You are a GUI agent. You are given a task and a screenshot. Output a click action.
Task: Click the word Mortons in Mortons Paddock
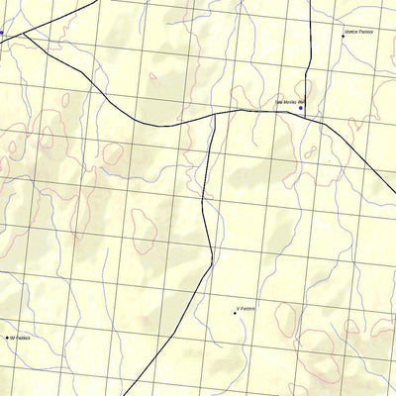[x=348, y=33]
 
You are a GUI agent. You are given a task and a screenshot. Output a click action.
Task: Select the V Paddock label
[x=247, y=310]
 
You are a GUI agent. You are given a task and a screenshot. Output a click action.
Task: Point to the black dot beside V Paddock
[x=235, y=313]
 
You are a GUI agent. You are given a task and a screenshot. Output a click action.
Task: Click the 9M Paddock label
[x=20, y=338]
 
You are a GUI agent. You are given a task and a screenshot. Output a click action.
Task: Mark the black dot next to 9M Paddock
[x=7, y=339]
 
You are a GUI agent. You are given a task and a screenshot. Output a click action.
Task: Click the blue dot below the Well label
[x=301, y=108]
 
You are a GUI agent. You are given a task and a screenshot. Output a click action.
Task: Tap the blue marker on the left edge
[x=1, y=34]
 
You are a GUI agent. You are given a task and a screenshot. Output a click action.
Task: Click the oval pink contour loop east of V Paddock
[x=285, y=319]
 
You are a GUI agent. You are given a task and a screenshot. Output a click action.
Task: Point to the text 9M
[x=12, y=338]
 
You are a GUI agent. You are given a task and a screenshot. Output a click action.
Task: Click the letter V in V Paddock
[x=239, y=310]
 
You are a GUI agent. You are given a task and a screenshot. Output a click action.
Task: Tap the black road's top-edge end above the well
[x=312, y=1]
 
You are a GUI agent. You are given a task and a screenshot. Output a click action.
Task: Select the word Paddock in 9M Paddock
[x=24, y=338]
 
